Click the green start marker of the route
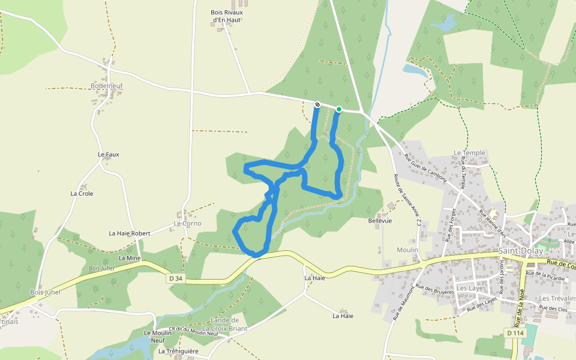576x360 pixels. pyautogui.click(x=339, y=109)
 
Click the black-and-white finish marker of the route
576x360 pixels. pyautogui.click(x=317, y=105)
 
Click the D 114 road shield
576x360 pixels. pyautogui.click(x=515, y=333)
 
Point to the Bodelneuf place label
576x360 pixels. pyautogui.click(x=107, y=86)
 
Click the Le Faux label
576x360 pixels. pyautogui.click(x=109, y=154)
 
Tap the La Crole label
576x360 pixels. pyautogui.click(x=82, y=194)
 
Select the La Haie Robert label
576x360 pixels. pyautogui.click(x=130, y=233)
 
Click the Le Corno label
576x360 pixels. pyautogui.click(x=187, y=223)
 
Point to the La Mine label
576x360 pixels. pyautogui.click(x=130, y=258)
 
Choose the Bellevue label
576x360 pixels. pyautogui.click(x=380, y=221)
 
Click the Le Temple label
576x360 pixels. pyautogui.click(x=469, y=153)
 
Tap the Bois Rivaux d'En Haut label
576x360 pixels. pyautogui.click(x=226, y=16)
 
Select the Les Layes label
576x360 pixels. pyautogui.click(x=471, y=288)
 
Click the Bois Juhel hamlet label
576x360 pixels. pyautogui.click(x=46, y=292)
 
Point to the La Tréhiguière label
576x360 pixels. pyautogui.click(x=179, y=351)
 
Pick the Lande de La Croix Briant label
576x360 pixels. pyautogui.click(x=224, y=325)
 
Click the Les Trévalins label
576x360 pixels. pyautogui.click(x=557, y=298)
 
